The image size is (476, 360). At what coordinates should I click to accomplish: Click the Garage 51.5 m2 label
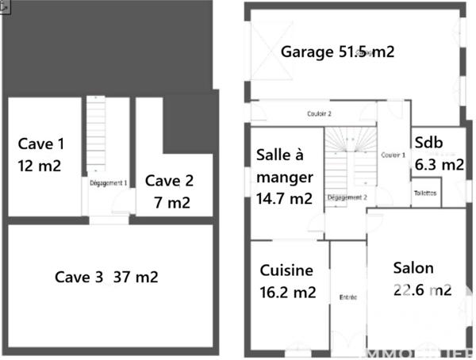pyautogui.click(x=337, y=52)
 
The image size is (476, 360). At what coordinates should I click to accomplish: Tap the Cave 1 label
pyautogui.click(x=40, y=144)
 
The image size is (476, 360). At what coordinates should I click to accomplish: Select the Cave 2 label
pyautogui.click(x=169, y=180)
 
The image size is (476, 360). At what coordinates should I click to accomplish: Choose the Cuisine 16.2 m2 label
pyautogui.click(x=287, y=281)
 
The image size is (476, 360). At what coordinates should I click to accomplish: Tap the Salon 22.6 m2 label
pyautogui.click(x=422, y=279)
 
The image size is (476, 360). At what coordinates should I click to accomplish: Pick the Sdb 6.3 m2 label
pyautogui.click(x=439, y=153)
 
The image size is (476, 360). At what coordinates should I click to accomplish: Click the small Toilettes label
pyautogui.click(x=424, y=193)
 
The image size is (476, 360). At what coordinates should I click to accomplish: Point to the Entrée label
pyautogui.click(x=348, y=297)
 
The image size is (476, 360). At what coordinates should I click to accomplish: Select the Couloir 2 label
pyautogui.click(x=319, y=113)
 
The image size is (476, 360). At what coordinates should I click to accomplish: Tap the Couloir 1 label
pyautogui.click(x=393, y=155)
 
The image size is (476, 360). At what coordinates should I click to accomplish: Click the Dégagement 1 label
pyautogui.click(x=109, y=182)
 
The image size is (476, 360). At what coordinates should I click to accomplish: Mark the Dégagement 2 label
pyautogui.click(x=346, y=197)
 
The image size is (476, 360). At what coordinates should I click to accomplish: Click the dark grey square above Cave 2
pyautogui.click(x=190, y=124)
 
